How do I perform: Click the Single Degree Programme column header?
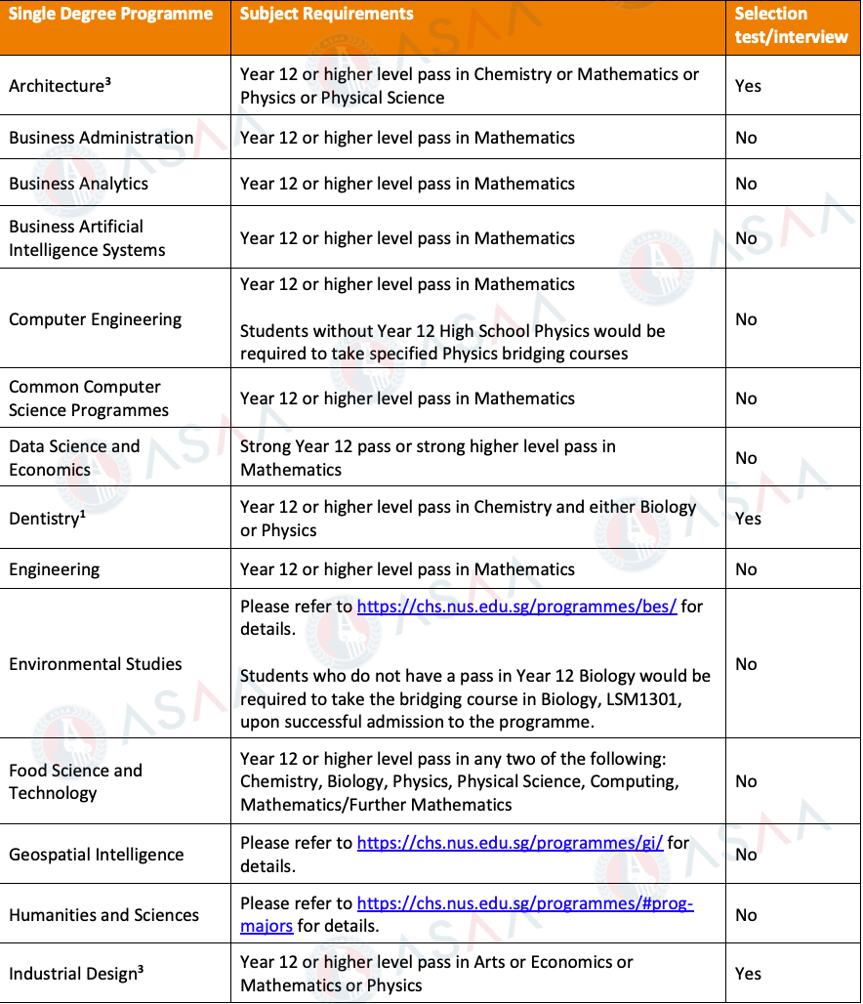click(x=110, y=15)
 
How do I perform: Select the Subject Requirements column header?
click(x=326, y=15)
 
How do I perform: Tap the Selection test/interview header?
click(x=791, y=25)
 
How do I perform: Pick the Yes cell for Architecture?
click(x=748, y=86)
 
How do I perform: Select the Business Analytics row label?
click(x=79, y=184)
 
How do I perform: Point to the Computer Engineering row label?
click(x=95, y=319)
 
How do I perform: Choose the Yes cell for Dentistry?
click(x=748, y=519)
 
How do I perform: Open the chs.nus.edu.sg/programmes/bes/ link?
click(x=516, y=607)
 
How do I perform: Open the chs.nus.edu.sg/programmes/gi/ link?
click(x=510, y=843)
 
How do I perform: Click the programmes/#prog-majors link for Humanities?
click(x=524, y=904)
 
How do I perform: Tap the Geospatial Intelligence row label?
click(x=96, y=855)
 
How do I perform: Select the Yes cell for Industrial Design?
click(x=748, y=974)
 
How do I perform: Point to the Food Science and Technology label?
click(x=75, y=781)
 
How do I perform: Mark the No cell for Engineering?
click(x=746, y=569)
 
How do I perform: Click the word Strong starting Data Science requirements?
click(x=265, y=446)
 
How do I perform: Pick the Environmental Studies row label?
click(x=95, y=664)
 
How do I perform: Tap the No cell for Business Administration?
click(x=746, y=138)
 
